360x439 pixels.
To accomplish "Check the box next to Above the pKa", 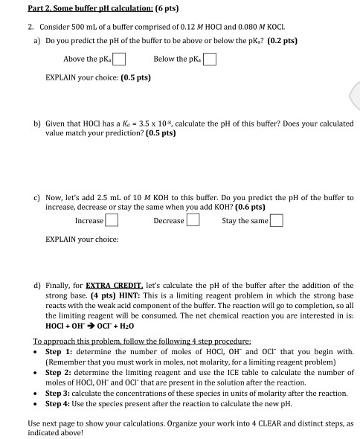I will coord(119,60).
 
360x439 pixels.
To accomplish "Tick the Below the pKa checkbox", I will coord(210,60).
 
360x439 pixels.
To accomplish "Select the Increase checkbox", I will coord(112,220).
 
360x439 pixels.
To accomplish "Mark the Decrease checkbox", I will coord(192,220).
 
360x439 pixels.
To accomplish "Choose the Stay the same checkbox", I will coord(277,220).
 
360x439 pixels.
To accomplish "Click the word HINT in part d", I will coord(210,295).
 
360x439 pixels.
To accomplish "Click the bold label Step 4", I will coord(58,404).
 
